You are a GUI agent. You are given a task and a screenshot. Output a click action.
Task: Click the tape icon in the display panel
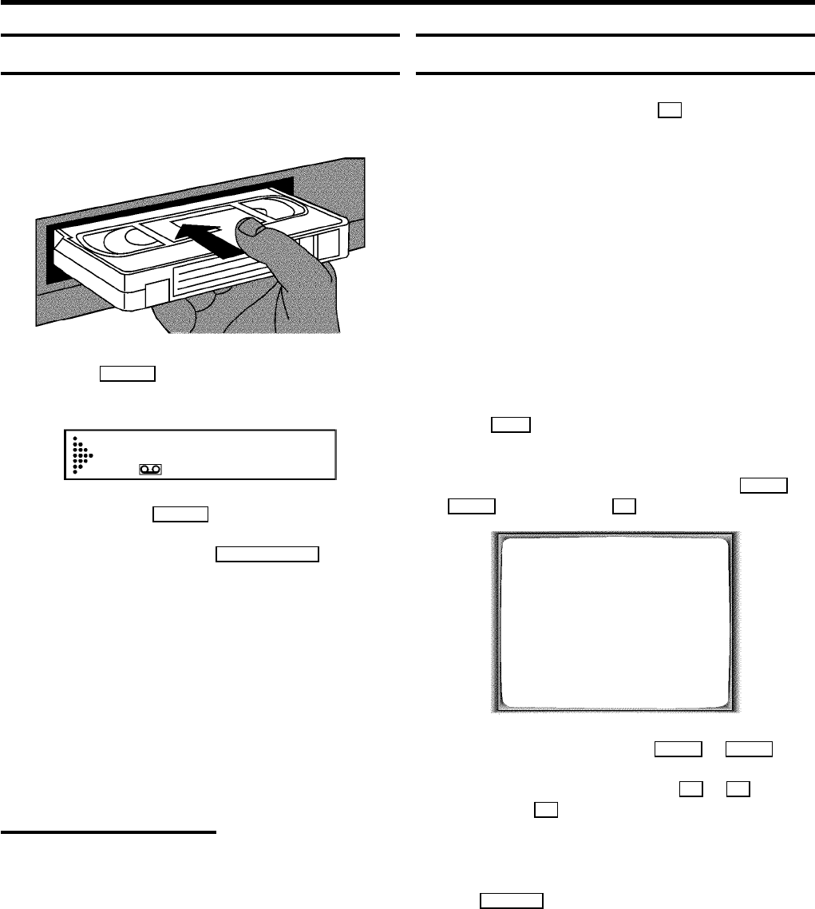click(x=150, y=470)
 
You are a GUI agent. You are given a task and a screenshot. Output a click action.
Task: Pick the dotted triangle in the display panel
click(x=78, y=455)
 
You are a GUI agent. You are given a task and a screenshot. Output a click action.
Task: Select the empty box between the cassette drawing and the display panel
click(x=127, y=375)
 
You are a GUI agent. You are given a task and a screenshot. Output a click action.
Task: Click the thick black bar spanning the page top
click(x=407, y=4)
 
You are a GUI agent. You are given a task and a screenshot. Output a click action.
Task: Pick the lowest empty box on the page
click(x=512, y=901)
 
